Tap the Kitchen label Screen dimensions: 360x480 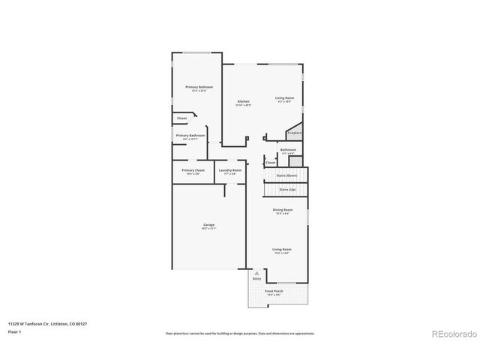click(243, 101)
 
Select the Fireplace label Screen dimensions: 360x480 click(294, 133)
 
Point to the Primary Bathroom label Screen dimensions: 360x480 click(190, 136)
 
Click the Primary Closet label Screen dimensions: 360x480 click(193, 170)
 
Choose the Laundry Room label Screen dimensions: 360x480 click(230, 170)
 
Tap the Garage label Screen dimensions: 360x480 click(208, 225)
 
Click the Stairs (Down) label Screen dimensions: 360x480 click(286, 175)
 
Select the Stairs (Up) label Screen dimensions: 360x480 click(286, 190)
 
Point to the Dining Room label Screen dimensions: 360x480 click(282, 210)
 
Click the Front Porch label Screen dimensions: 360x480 click(274, 290)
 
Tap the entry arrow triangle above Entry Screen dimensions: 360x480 click(256, 273)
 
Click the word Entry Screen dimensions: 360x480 click(256, 278)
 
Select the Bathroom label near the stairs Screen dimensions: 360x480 click(288, 150)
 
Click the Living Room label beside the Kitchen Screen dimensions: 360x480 click(284, 98)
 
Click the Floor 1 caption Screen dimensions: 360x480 click(13, 331)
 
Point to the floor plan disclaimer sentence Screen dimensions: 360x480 click(240, 333)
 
